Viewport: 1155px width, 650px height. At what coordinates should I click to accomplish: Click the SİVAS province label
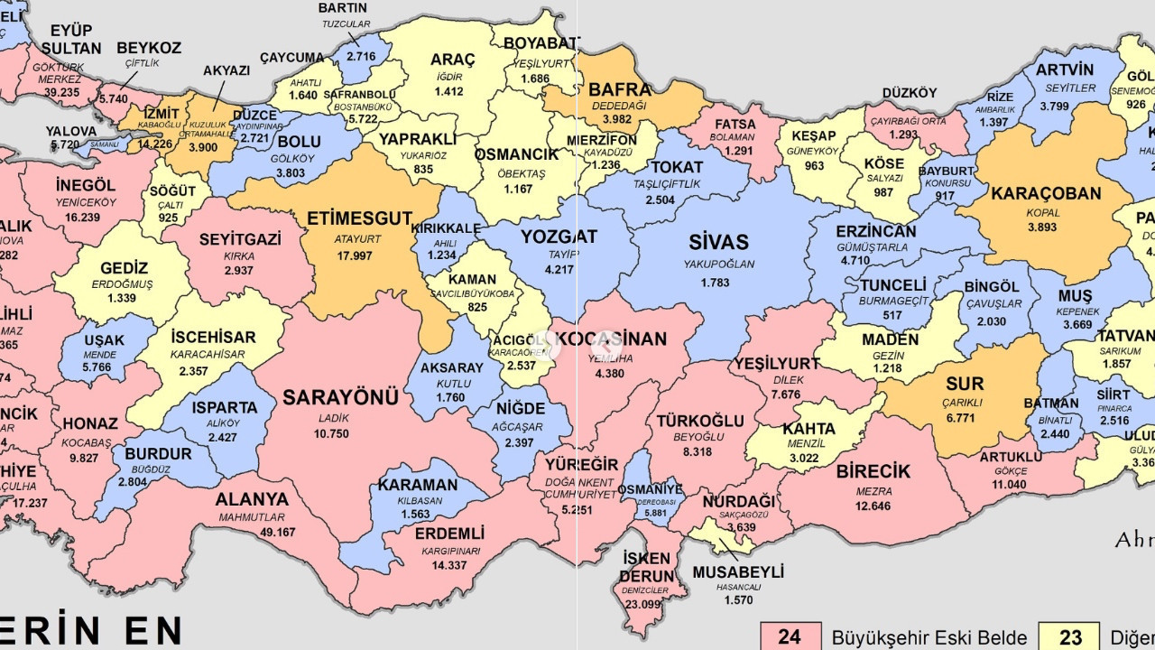tap(718, 242)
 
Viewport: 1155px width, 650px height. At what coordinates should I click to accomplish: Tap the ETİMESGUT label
tap(359, 218)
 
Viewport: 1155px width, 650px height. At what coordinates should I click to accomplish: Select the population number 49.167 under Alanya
tap(252, 533)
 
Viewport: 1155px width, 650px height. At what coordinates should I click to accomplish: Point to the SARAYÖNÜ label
tap(340, 398)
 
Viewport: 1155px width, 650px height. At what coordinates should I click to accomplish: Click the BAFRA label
tap(620, 89)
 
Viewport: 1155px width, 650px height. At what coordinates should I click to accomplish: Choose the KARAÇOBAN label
tap(1046, 194)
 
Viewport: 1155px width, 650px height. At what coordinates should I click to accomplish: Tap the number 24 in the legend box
tap(790, 637)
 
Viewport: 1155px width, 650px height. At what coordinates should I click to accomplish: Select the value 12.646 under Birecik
tap(873, 506)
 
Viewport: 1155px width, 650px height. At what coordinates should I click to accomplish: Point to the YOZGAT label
tap(559, 237)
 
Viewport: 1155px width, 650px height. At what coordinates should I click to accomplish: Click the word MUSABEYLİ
tap(738, 572)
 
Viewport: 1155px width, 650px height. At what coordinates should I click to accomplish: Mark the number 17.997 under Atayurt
tap(355, 255)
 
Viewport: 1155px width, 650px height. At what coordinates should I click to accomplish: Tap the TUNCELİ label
tap(892, 285)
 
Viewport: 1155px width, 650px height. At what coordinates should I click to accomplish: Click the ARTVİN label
tap(1065, 70)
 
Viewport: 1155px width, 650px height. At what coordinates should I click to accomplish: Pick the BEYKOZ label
tap(149, 48)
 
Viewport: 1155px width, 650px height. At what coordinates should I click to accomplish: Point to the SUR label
tap(965, 384)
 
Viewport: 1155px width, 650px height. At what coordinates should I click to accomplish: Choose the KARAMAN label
tap(418, 485)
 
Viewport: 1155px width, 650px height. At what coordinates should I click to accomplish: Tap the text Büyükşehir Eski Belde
tap(929, 637)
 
